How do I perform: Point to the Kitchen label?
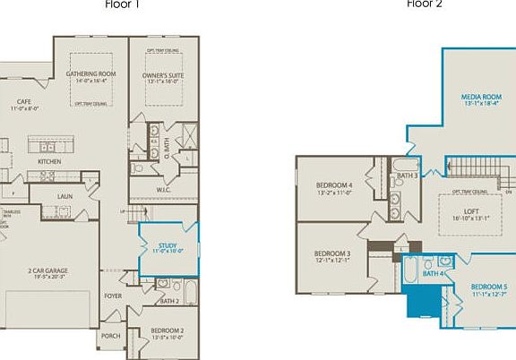pyautogui.click(x=49, y=161)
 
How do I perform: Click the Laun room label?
pyautogui.click(x=64, y=195)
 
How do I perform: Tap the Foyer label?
pyautogui.click(x=113, y=295)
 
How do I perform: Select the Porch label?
pyautogui.click(x=110, y=336)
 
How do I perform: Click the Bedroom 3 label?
pyautogui.click(x=331, y=254)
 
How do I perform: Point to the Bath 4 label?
pyautogui.click(x=434, y=273)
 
